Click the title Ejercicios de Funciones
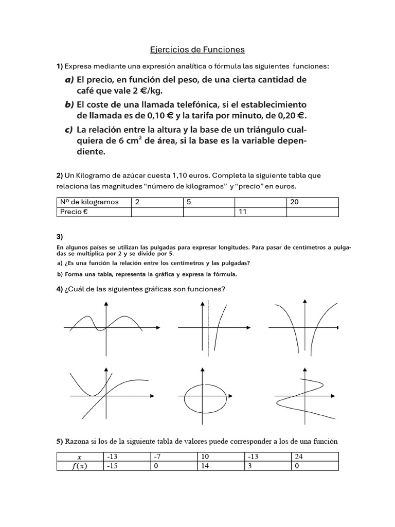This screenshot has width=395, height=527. [x=197, y=50]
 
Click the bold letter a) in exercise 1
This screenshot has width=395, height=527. [x=69, y=80]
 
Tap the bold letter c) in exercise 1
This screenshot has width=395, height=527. [x=68, y=128]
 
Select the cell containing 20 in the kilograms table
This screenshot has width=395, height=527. [x=312, y=202]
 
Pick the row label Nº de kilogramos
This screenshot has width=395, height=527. [x=93, y=202]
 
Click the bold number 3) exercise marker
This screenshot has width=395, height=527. [x=60, y=237]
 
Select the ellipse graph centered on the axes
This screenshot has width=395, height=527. [x=206, y=396]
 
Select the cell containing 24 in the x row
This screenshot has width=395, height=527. [x=315, y=456]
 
